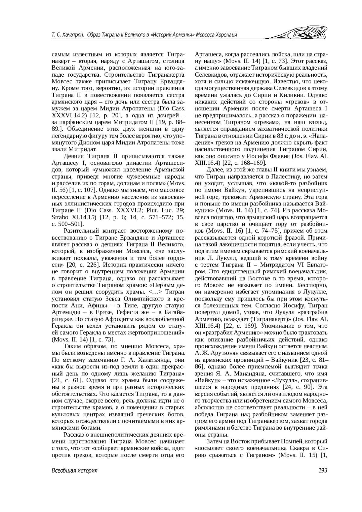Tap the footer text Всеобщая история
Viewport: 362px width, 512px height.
(x=75, y=471)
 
